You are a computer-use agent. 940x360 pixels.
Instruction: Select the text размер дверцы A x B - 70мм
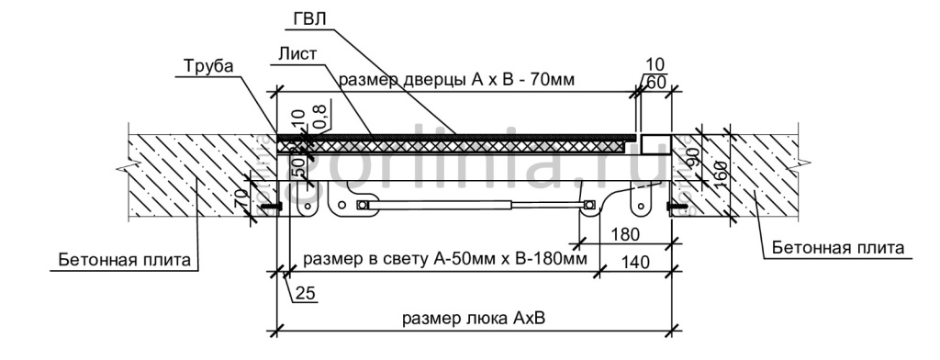pyautogui.click(x=456, y=80)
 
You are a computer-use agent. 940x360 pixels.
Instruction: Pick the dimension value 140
pyautogui.click(x=633, y=262)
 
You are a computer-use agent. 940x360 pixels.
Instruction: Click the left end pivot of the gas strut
pyautogui.click(x=363, y=204)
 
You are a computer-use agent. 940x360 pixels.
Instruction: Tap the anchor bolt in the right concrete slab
pyautogui.click(x=677, y=207)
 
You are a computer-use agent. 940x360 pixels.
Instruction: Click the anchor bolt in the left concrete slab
pyautogui.click(x=270, y=207)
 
